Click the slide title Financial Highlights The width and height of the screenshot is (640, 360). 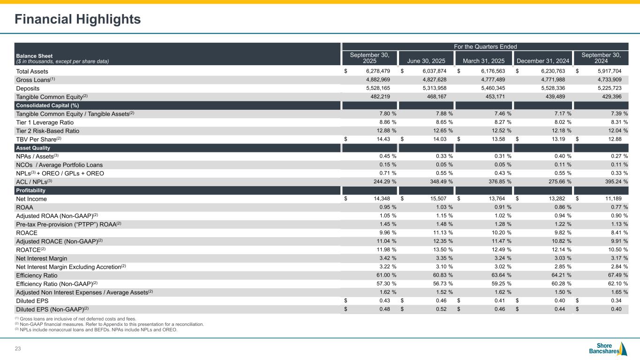tap(78, 19)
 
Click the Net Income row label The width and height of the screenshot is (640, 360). tap(31, 199)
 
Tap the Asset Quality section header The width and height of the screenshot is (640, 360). tap(33, 148)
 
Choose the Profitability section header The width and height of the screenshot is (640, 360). tap(31, 190)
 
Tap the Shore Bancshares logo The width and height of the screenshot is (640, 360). tap(608, 348)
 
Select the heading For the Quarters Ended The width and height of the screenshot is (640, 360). tap(485, 47)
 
